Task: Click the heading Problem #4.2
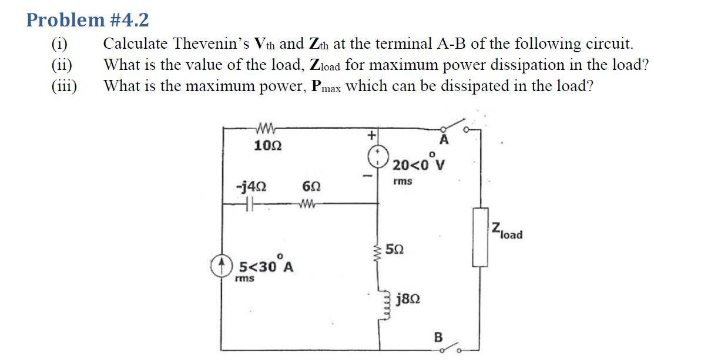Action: [88, 21]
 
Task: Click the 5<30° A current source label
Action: [266, 267]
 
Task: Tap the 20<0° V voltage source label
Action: [418, 164]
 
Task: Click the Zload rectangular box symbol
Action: [480, 236]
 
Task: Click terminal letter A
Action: [444, 140]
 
